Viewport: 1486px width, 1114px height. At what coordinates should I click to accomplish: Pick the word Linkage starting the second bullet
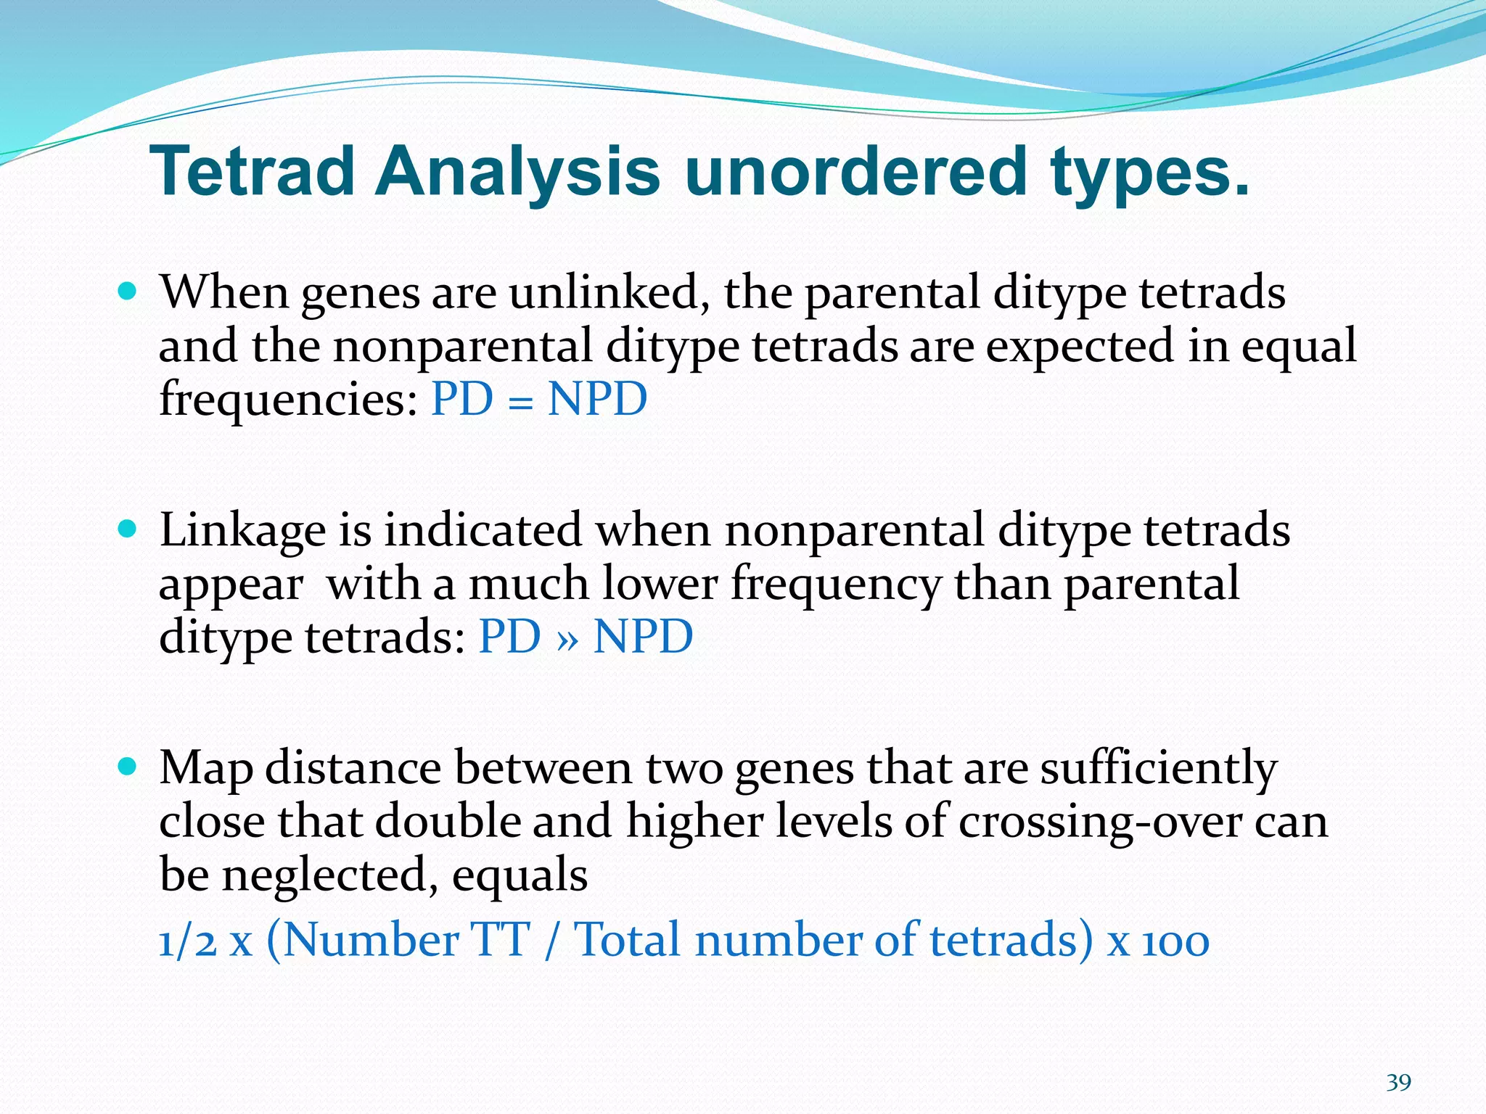(x=242, y=532)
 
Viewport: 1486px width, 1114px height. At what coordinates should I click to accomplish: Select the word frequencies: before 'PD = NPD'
(x=288, y=400)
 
